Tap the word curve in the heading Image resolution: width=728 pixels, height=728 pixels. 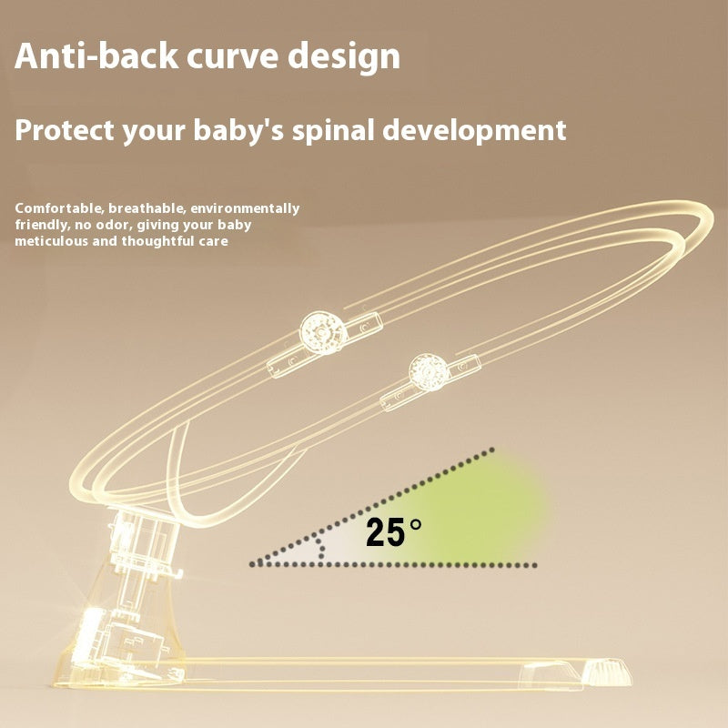coord(232,56)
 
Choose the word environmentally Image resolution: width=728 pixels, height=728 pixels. coord(247,208)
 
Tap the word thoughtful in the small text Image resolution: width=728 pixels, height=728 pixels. coord(159,241)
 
